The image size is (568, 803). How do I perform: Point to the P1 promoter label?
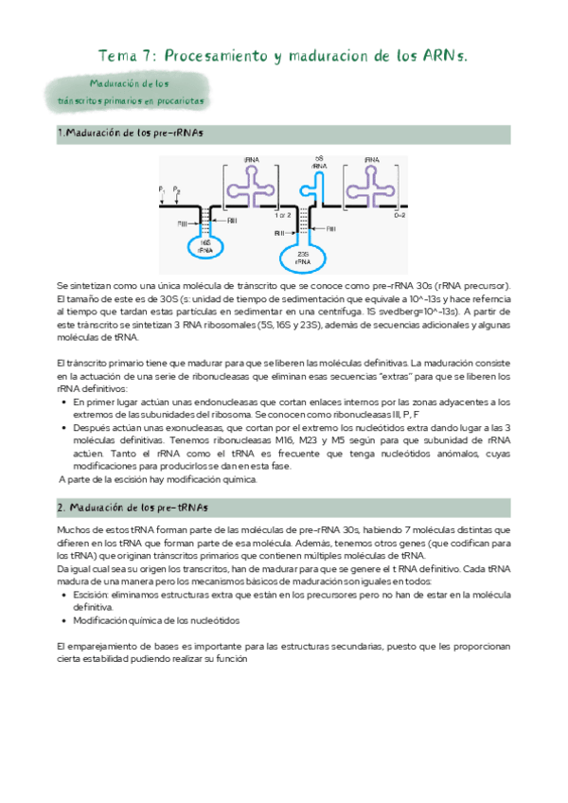(163, 189)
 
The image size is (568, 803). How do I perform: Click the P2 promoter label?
(177, 189)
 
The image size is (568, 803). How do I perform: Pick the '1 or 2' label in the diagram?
(282, 216)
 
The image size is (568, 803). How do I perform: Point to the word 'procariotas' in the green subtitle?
(176, 99)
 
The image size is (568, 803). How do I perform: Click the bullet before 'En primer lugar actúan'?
(63, 401)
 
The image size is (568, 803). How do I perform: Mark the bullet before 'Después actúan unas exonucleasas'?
(63, 427)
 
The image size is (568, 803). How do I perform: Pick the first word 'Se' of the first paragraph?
(62, 286)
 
